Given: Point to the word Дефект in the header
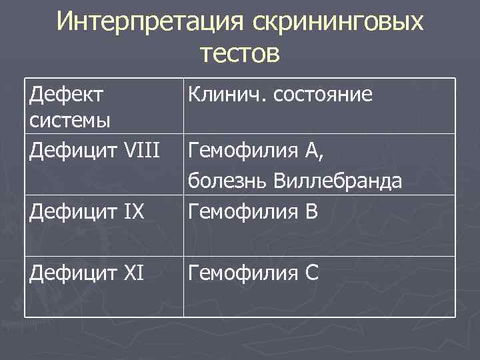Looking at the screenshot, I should tap(67, 95).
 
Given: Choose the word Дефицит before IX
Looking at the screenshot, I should tap(69, 213).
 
